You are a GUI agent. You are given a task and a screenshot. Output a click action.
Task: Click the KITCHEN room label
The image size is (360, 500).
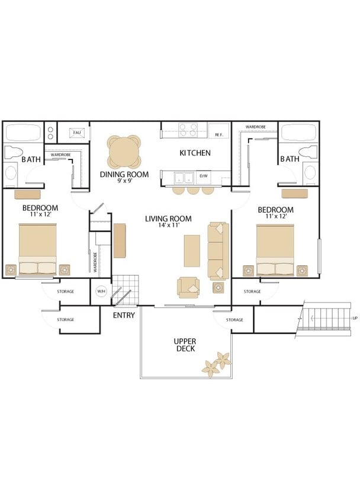[x=195, y=153]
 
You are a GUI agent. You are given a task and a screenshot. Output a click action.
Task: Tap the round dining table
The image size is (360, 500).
[x=124, y=152]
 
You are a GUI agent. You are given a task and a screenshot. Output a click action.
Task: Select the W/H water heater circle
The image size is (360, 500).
[x=101, y=291]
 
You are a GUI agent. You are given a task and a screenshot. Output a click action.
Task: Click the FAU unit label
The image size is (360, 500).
[x=77, y=132]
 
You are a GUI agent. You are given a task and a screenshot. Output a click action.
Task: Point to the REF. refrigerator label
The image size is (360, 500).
[x=219, y=135]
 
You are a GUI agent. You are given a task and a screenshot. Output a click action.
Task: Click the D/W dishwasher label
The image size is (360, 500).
[x=204, y=176]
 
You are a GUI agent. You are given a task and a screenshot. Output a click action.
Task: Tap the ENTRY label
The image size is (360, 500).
[x=124, y=315]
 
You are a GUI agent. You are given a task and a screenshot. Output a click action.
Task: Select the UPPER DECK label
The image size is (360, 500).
[x=185, y=345]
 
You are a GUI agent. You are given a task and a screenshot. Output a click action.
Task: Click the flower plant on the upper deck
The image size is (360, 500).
[x=216, y=364]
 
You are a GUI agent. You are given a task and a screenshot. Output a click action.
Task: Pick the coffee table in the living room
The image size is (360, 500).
[x=192, y=251]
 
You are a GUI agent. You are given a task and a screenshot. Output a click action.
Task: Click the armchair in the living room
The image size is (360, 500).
[x=188, y=288]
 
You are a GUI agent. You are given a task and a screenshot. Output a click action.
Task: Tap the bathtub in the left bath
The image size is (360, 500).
[x=23, y=132]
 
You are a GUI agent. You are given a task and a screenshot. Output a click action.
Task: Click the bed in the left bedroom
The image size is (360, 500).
[x=37, y=249]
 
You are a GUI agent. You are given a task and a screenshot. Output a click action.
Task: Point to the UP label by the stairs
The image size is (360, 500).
[x=355, y=318]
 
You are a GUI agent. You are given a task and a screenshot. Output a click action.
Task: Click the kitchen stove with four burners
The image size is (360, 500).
[x=188, y=130]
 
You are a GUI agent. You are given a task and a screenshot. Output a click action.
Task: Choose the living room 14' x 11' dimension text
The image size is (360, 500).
[x=169, y=225]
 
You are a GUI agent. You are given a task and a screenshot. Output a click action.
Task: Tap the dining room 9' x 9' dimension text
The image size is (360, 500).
[x=124, y=181]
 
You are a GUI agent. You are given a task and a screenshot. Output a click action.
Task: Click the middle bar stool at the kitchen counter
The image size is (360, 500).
[x=193, y=190]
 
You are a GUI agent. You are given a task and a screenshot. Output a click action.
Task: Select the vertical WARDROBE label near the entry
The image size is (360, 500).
[x=95, y=262]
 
